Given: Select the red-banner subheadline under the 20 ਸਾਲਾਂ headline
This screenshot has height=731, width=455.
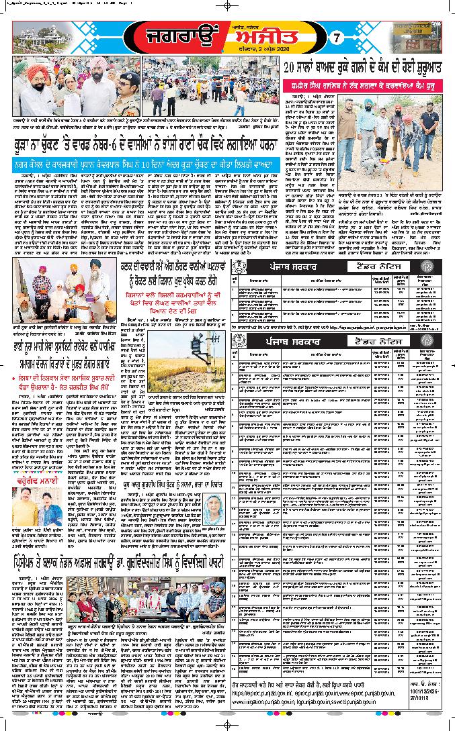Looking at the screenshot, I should click(x=366, y=86).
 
